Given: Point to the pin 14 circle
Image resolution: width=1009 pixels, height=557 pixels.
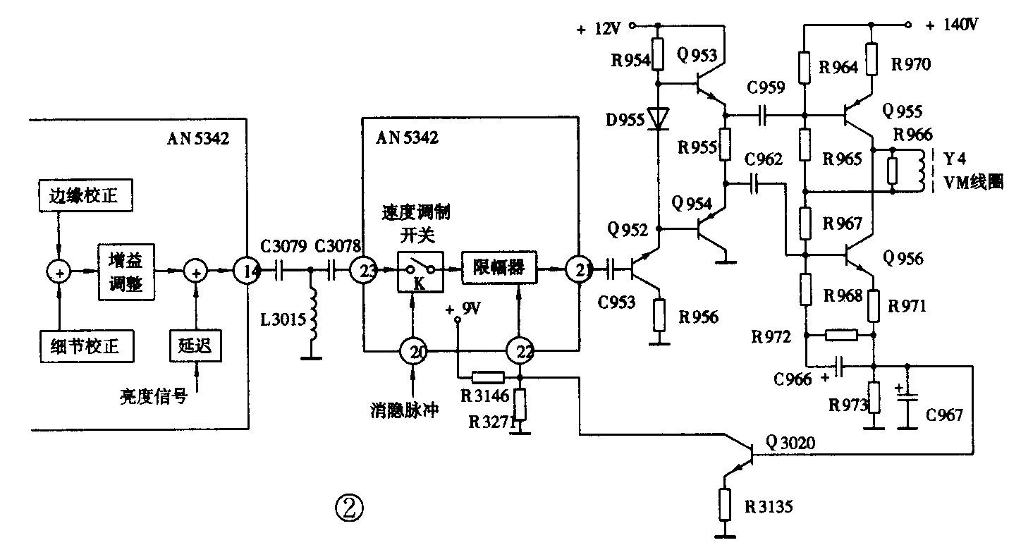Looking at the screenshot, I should click(x=247, y=270).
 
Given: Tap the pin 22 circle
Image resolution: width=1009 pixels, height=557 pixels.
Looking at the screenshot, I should click(x=520, y=350).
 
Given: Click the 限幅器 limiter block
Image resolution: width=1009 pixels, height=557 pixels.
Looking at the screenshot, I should click(x=499, y=269).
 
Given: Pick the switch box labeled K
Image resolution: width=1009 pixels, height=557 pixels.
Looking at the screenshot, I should click(x=420, y=271).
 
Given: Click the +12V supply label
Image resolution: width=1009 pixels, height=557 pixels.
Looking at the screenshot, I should click(x=600, y=29).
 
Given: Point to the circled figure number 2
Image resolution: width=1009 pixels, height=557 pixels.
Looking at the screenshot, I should click(x=350, y=506).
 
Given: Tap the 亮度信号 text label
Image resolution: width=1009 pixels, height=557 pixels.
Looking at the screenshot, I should click(x=154, y=397).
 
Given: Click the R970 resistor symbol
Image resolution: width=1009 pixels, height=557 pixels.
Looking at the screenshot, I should click(x=872, y=59).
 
